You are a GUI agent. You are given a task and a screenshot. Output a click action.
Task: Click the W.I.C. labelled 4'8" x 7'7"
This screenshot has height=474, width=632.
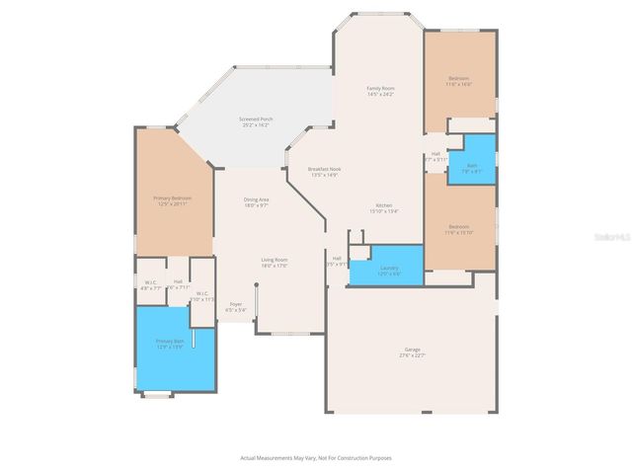pos(150,284)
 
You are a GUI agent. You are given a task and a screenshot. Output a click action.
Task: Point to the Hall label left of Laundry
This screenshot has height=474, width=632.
pos(337,259)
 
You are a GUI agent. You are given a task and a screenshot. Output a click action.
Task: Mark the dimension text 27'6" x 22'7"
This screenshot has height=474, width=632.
pos(412,357)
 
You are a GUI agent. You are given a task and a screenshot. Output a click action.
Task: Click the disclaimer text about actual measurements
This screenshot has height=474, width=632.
pos(315,457)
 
